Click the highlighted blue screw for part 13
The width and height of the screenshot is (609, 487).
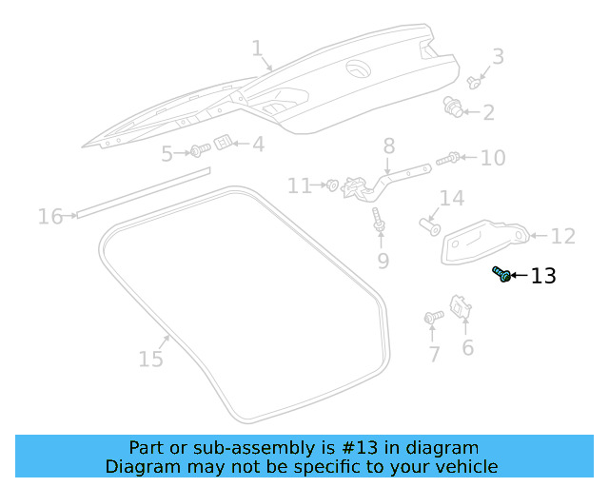point(501,275)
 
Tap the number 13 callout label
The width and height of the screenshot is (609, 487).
point(542,277)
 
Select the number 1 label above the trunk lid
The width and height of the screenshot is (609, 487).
point(256,49)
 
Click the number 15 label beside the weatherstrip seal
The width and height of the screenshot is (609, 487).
point(150,359)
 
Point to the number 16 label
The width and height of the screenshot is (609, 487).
point(49,217)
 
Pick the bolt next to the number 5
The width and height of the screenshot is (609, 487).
point(200,150)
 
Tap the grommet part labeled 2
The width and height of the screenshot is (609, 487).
point(454,107)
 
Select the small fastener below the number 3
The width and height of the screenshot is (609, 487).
point(474,79)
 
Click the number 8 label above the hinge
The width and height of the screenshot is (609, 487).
point(388,146)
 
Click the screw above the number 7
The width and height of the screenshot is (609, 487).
point(433,317)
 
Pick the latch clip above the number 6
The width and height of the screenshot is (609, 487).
point(462,307)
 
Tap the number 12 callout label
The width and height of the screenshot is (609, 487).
point(563,236)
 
